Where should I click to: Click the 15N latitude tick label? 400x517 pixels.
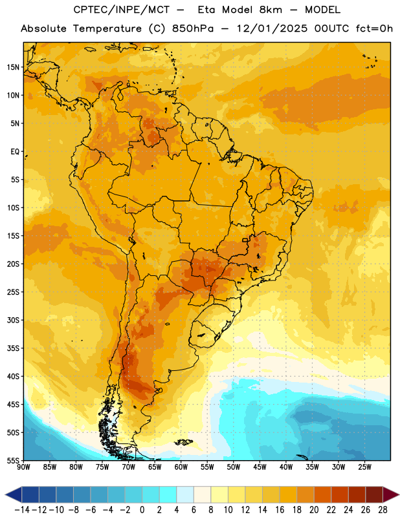pyautogui.click(x=13, y=67)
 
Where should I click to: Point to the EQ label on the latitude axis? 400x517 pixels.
pyautogui.click(x=15, y=152)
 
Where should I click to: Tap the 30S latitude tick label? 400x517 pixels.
pyautogui.click(x=13, y=320)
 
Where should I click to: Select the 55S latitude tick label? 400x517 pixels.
pyautogui.click(x=13, y=460)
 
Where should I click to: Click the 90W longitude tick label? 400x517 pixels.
pyautogui.click(x=24, y=467)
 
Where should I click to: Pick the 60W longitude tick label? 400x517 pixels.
pyautogui.click(x=181, y=467)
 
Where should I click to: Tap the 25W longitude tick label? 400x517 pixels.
pyautogui.click(x=364, y=467)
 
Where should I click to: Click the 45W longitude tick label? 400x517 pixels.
pyautogui.click(x=260, y=467)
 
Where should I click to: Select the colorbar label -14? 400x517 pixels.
pyautogui.click(x=22, y=510)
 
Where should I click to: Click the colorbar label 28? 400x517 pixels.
pyautogui.click(x=383, y=510)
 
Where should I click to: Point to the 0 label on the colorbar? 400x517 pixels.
pyautogui.click(x=142, y=510)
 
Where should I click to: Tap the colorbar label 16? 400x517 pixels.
pyautogui.click(x=280, y=510)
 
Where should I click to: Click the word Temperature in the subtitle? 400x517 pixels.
pyautogui.click(x=107, y=28)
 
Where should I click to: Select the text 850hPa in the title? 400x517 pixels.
pyautogui.click(x=193, y=28)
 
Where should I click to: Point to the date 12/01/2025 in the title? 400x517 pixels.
pyautogui.click(x=272, y=28)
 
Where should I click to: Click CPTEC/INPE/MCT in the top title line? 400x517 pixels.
pyautogui.click(x=122, y=10)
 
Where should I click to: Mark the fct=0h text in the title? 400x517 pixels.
pyautogui.click(x=374, y=28)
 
